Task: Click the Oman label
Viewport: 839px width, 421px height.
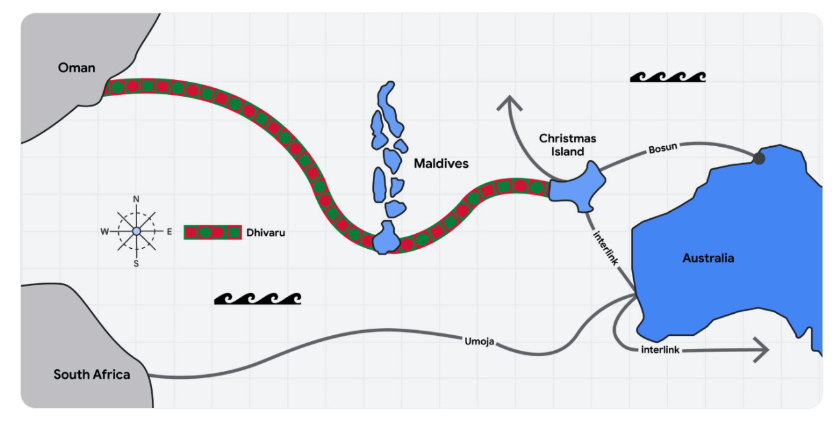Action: [x=77, y=68]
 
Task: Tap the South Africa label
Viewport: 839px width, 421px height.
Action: [x=92, y=374]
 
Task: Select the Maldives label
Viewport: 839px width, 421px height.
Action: [x=441, y=163]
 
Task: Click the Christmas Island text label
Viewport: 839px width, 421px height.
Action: [x=568, y=145]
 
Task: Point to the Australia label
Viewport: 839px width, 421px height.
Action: [x=708, y=258]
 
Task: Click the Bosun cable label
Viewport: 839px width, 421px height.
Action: [x=662, y=149]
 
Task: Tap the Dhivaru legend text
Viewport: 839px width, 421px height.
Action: [x=266, y=232]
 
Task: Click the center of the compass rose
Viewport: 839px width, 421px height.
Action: [x=136, y=231]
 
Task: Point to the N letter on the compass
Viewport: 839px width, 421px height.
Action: [x=136, y=199]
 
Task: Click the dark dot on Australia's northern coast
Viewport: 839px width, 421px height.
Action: [x=758, y=158]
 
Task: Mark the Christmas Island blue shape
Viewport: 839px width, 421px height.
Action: [x=577, y=188]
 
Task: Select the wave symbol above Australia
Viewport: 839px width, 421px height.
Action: [x=668, y=77]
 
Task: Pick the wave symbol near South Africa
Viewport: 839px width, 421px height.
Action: [x=258, y=298]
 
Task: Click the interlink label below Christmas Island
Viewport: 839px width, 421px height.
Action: [x=605, y=247]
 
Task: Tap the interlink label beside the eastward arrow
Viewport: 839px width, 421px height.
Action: [x=660, y=350]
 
